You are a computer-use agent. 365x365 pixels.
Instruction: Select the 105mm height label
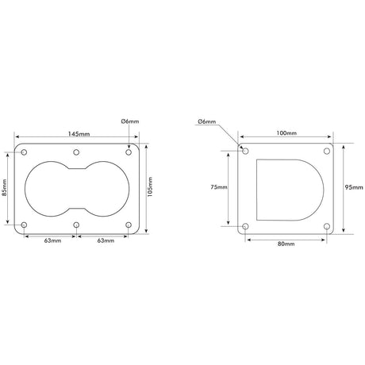(x=151, y=189)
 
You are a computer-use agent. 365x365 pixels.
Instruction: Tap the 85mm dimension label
(x=6, y=189)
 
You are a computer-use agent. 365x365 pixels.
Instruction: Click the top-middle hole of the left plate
(x=76, y=152)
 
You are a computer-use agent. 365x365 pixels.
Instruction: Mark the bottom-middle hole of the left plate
(x=76, y=226)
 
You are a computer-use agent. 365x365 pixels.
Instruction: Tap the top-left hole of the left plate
(x=24, y=152)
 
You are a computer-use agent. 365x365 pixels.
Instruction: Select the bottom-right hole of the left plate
(x=129, y=226)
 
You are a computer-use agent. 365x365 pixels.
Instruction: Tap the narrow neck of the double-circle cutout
(x=76, y=189)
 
